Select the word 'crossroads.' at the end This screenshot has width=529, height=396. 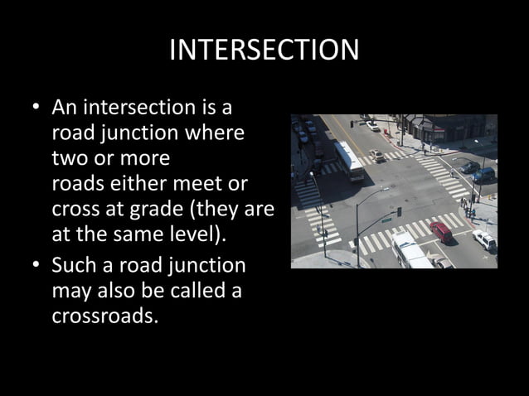(x=104, y=315)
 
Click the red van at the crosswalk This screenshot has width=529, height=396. (x=440, y=232)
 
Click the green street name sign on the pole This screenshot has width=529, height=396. (x=386, y=220)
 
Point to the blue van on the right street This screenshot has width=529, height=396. (x=483, y=175)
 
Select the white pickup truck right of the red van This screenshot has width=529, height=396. (x=484, y=240)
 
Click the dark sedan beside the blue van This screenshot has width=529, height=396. (x=468, y=167)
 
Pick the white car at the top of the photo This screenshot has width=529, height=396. (x=373, y=126)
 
